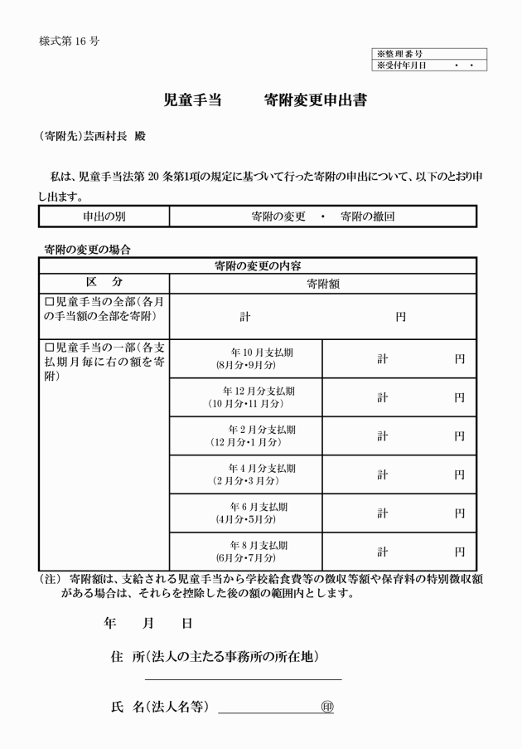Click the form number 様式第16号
tap(69, 41)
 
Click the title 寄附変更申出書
tap(315, 101)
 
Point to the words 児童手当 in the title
tap(192, 101)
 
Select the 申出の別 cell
tap(104, 216)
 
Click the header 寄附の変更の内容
tap(257, 265)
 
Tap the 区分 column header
tap(104, 283)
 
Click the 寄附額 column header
tap(322, 283)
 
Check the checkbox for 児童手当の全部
tap(49, 302)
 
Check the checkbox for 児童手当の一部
tap(49, 348)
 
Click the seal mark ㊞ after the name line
tap(326, 707)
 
